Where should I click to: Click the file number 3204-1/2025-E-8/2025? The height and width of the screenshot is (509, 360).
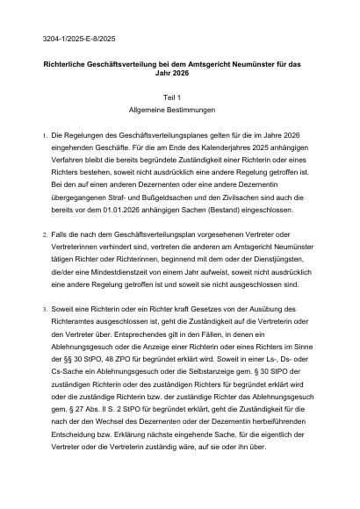(78, 40)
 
